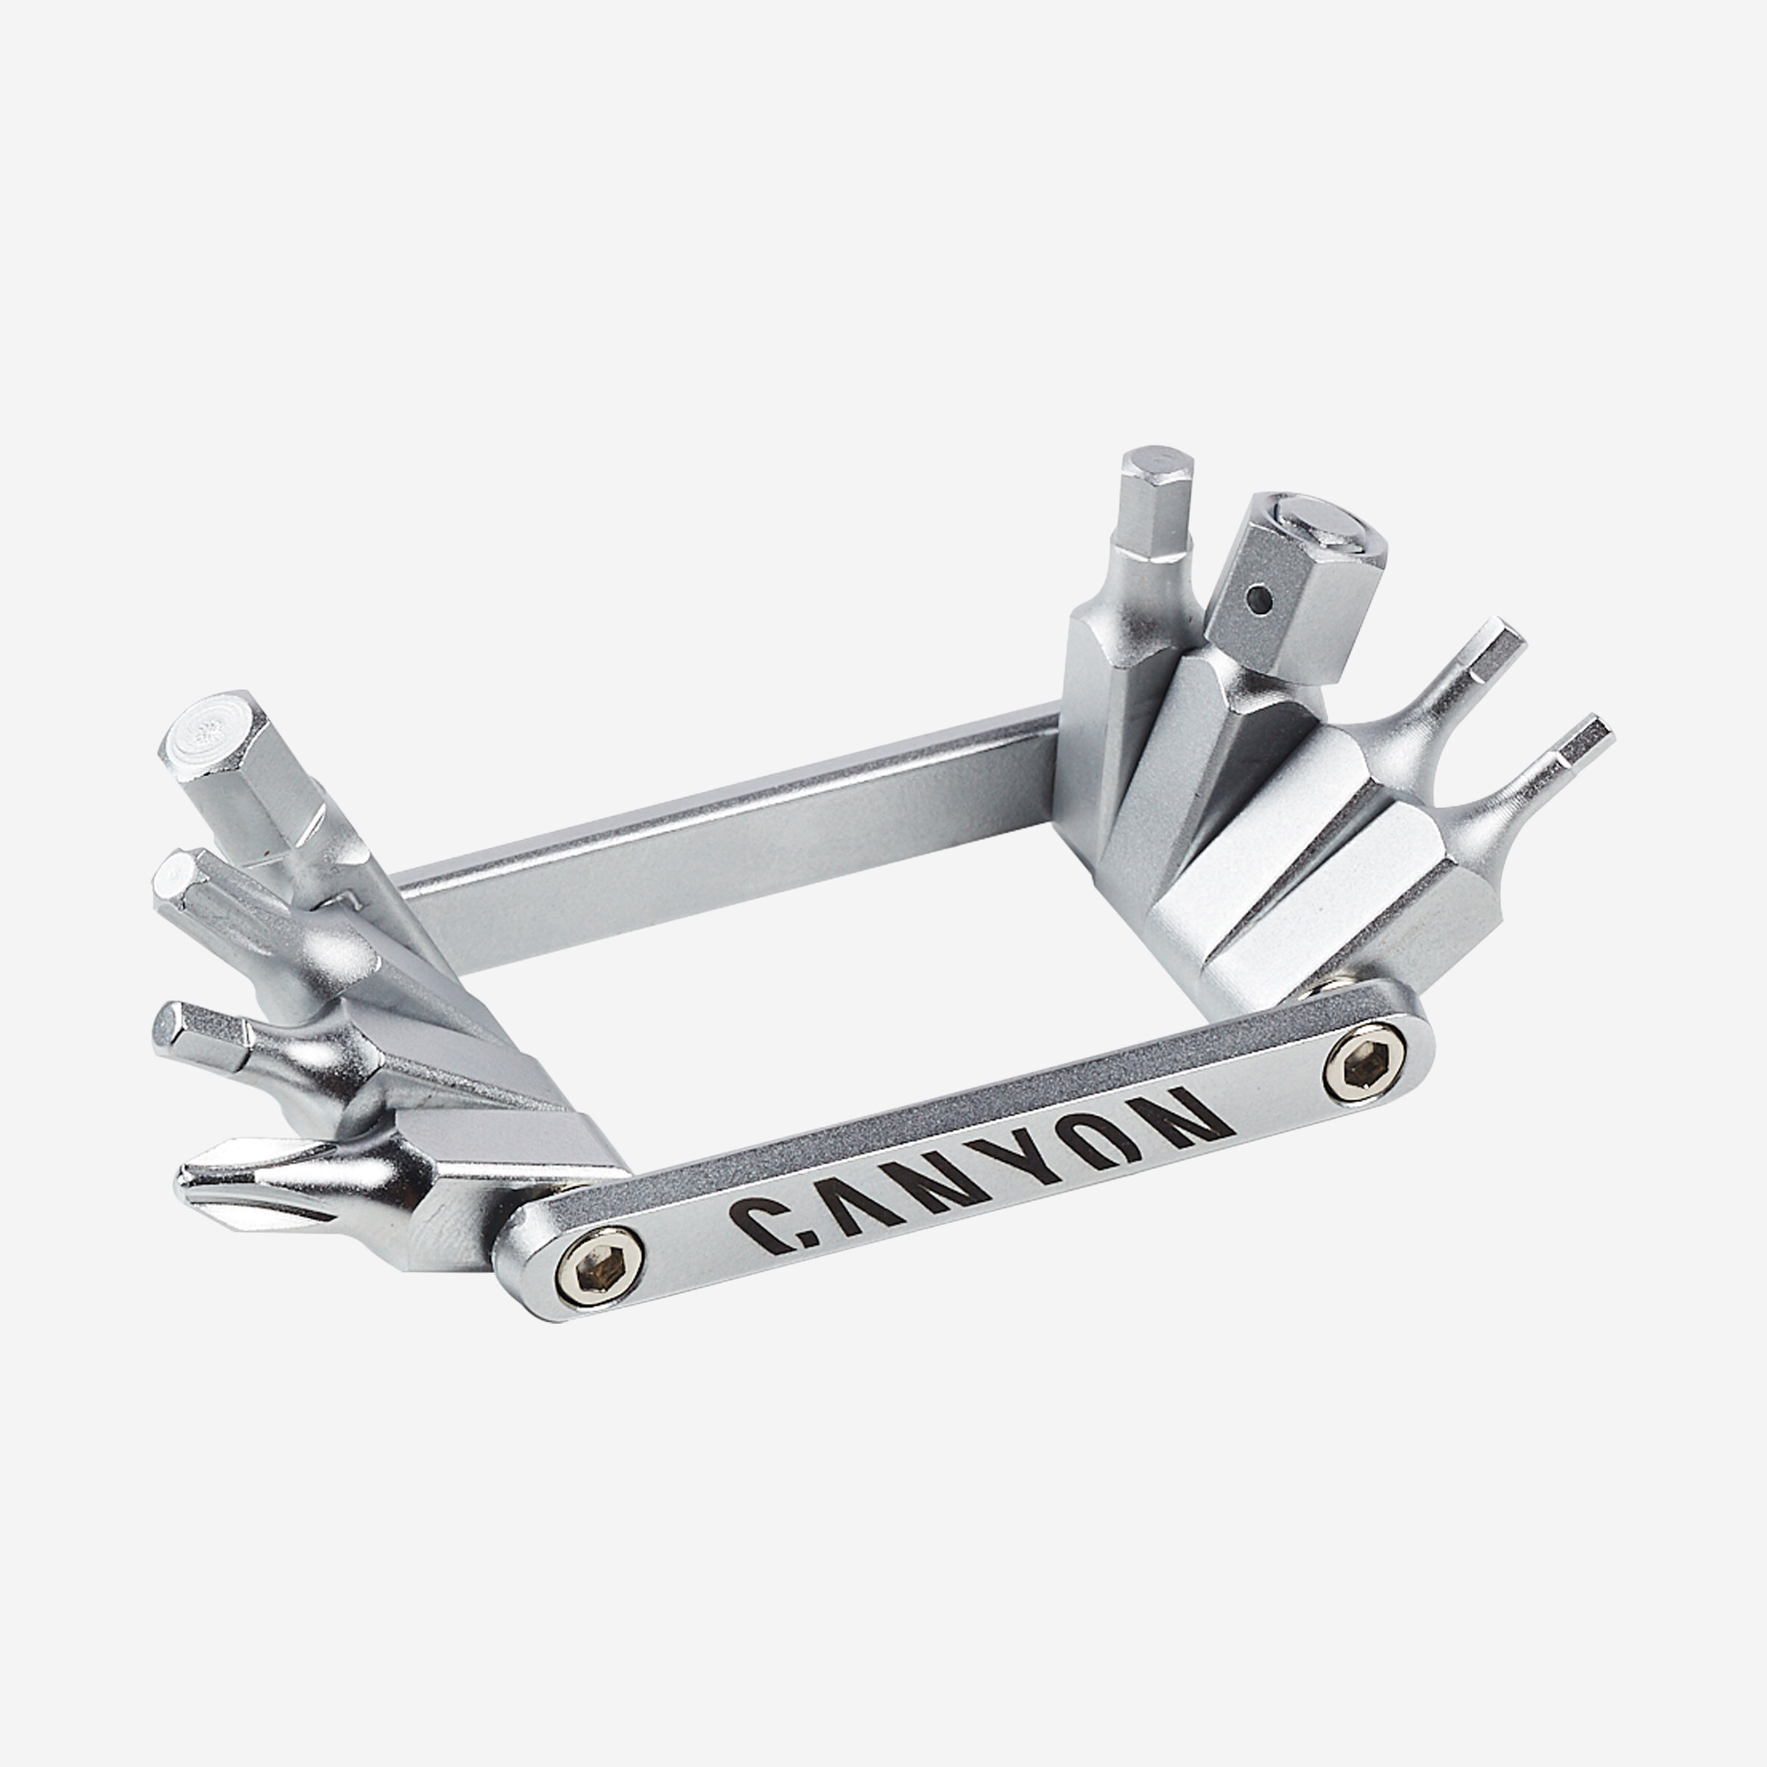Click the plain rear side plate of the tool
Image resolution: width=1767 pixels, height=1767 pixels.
[x=732, y=850]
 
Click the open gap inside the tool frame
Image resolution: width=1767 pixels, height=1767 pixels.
[x=823, y=1024]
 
